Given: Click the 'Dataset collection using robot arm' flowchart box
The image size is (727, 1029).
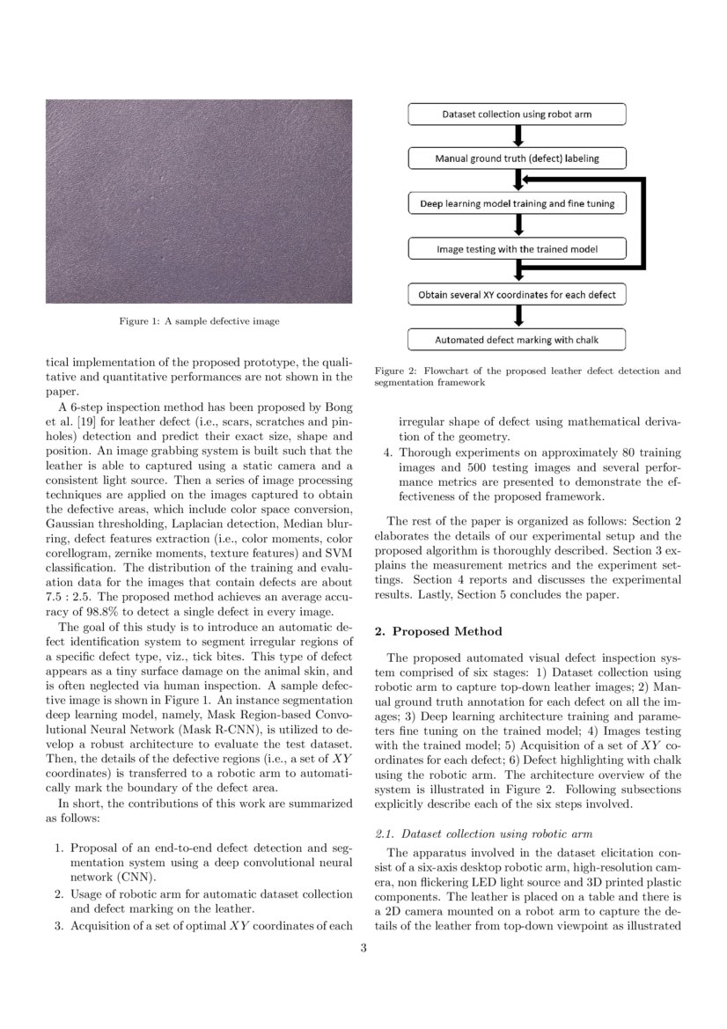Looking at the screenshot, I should pyautogui.click(x=517, y=114).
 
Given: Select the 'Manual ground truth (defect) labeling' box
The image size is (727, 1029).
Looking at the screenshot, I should pyautogui.click(x=517, y=159).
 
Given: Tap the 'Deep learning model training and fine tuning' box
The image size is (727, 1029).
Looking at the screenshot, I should pyautogui.click(x=517, y=204).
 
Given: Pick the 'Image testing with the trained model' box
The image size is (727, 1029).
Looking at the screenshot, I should pyautogui.click(x=517, y=249).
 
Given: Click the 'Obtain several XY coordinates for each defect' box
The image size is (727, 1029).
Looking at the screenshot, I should pyautogui.click(x=517, y=294).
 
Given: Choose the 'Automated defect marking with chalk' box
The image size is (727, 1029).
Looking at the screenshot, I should pyautogui.click(x=517, y=339).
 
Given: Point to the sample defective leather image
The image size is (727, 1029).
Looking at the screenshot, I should pyautogui.click(x=199, y=202).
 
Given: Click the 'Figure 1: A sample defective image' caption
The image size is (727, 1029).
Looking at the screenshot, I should pyautogui.click(x=199, y=321).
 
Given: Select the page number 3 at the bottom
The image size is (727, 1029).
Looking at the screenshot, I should pyautogui.click(x=363, y=948).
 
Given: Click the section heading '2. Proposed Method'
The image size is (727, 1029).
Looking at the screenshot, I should pyautogui.click(x=438, y=631).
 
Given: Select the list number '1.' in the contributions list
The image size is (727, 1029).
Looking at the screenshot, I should pyautogui.click(x=58, y=848).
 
